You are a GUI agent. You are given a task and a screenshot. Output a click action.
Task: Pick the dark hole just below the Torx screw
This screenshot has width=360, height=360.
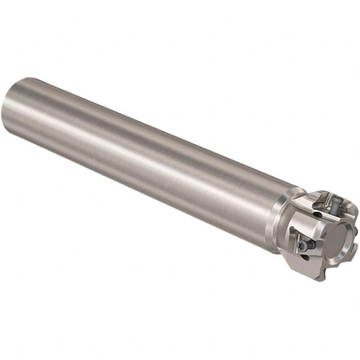[x=305, y=257]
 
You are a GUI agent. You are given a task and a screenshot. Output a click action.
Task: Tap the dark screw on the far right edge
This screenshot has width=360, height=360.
[x=355, y=230]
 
